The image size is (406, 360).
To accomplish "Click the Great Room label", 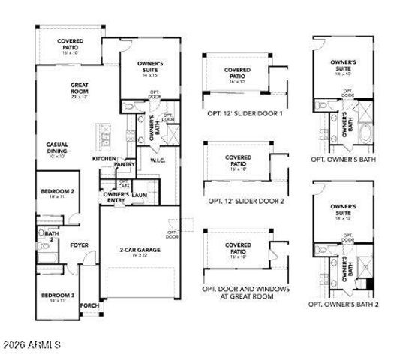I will (80, 89).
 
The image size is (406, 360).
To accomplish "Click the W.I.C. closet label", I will (158, 160).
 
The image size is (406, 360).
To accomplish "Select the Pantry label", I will (125, 164).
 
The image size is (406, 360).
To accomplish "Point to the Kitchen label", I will (104, 159).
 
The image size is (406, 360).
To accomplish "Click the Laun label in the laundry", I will (139, 195).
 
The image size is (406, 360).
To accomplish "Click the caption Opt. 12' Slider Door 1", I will (245, 114).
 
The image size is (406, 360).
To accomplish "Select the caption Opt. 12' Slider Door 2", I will (245, 202).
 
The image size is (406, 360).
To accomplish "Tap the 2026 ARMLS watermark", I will (32, 345).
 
